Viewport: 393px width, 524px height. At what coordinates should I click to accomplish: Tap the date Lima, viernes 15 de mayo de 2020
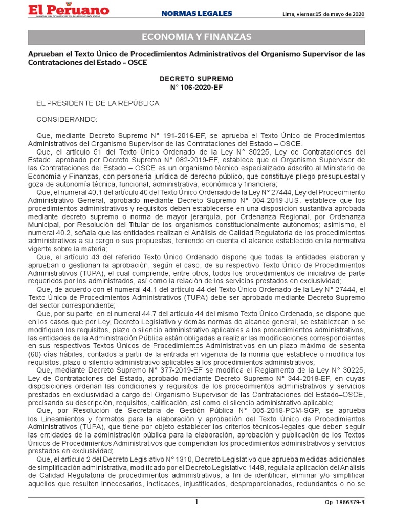pos(323,14)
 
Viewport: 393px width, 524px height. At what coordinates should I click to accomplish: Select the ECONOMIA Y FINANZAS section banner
pos(196,37)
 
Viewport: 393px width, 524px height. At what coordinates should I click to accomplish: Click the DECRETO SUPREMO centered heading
pos(196,79)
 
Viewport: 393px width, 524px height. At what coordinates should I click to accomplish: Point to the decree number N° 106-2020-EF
pos(196,88)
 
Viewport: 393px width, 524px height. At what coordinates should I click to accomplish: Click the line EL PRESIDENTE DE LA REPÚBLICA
pos(97,103)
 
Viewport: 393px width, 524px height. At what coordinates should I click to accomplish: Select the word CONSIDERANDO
pos(66,119)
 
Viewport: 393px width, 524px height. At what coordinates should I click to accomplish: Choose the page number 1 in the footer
pos(196,503)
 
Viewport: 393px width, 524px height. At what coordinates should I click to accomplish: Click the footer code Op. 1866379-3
pos(345,503)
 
